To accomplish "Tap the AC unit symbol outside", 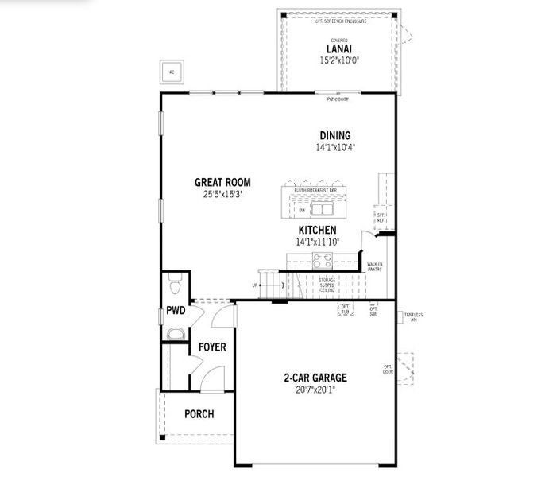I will point(171,72).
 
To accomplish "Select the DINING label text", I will point(334,136).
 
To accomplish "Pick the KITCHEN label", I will point(317,230).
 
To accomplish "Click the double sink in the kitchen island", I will point(322,209).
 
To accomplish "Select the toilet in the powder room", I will point(176,282).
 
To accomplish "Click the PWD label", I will point(176,310).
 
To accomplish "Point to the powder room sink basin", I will point(175,331).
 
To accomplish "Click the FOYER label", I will point(212,347).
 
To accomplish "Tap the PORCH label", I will point(199,414).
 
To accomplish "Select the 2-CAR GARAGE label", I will point(316,378).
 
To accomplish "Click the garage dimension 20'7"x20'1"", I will point(316,390).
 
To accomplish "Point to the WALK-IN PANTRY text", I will point(374,266).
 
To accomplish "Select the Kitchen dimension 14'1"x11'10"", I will point(317,241).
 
